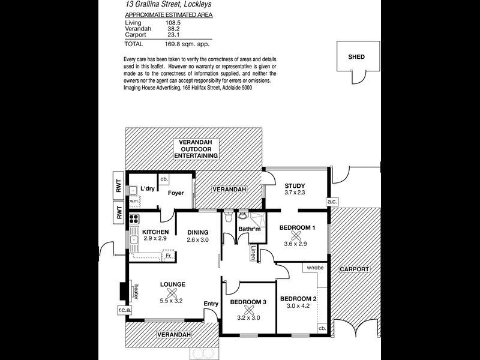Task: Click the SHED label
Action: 356,57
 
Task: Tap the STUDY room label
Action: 295,185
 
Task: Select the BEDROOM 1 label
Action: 297,227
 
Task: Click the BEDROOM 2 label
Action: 298,299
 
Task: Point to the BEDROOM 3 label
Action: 248,302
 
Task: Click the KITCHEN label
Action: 155,232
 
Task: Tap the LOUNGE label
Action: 172,284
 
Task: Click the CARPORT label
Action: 353,269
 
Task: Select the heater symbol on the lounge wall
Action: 124,290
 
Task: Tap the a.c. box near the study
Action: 331,202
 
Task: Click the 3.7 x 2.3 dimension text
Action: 295,193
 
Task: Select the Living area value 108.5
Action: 166,22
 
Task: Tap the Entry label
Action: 211,304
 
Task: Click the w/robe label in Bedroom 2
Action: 316,267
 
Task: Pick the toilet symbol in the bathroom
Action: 227,219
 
